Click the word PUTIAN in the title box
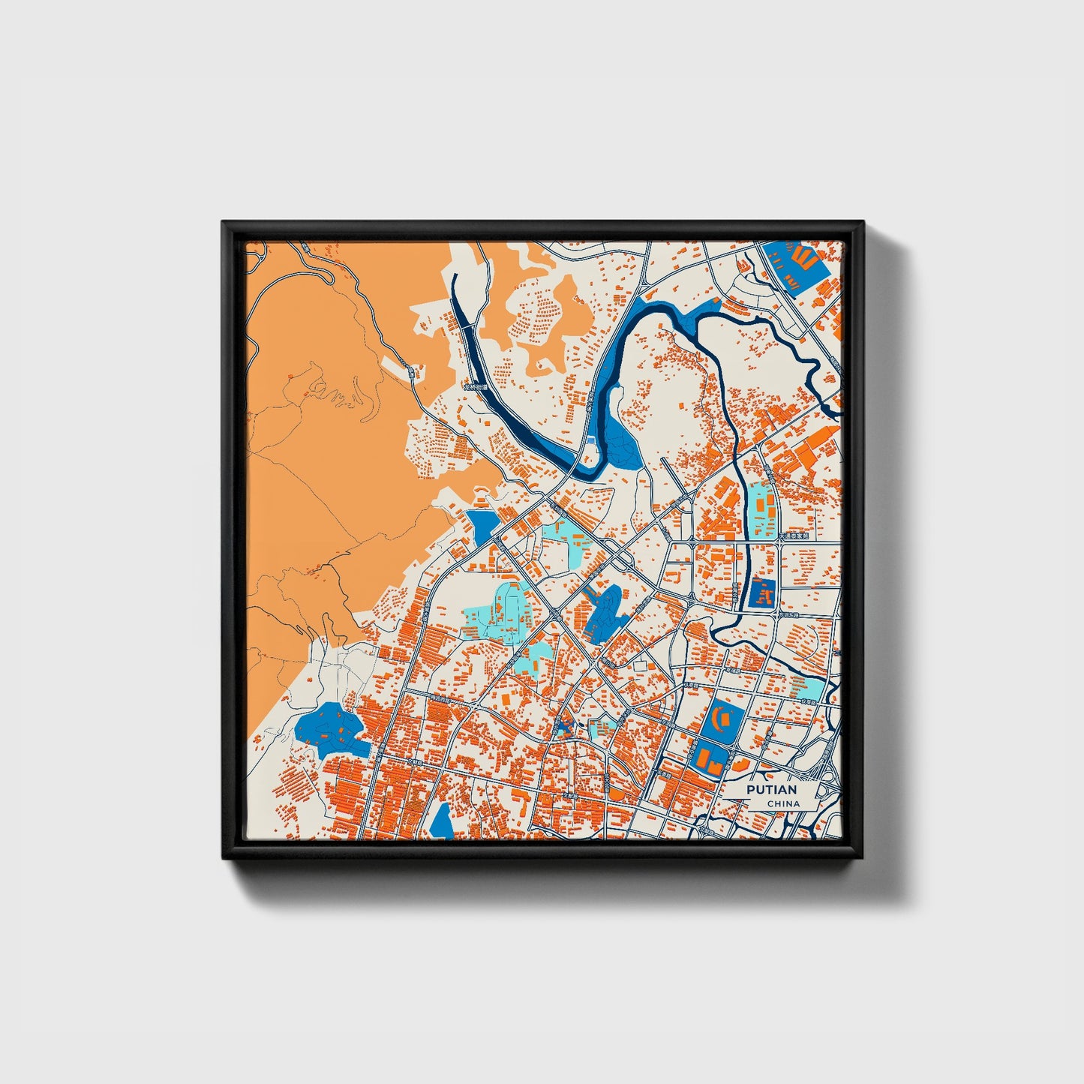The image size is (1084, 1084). [772, 790]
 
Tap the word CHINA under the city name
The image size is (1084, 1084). [783, 803]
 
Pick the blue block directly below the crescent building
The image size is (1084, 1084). [710, 758]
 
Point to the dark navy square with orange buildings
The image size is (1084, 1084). [762, 594]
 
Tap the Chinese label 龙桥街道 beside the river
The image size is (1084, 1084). [475, 388]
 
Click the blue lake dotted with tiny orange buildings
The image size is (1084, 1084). [330, 729]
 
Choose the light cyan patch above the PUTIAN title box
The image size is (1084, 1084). [809, 686]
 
